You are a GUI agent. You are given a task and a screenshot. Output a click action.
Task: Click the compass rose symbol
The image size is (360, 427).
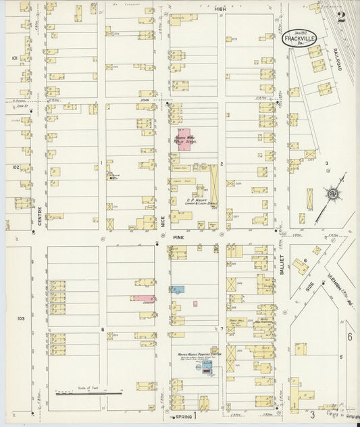pyautogui.click(x=333, y=195)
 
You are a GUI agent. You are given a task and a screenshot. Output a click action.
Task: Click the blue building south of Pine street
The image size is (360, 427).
pyautogui.click(x=178, y=289)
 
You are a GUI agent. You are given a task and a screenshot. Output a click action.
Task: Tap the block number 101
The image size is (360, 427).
pyautogui.click(x=14, y=59)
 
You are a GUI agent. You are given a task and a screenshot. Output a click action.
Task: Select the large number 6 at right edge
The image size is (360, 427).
pyautogui.click(x=349, y=336)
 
